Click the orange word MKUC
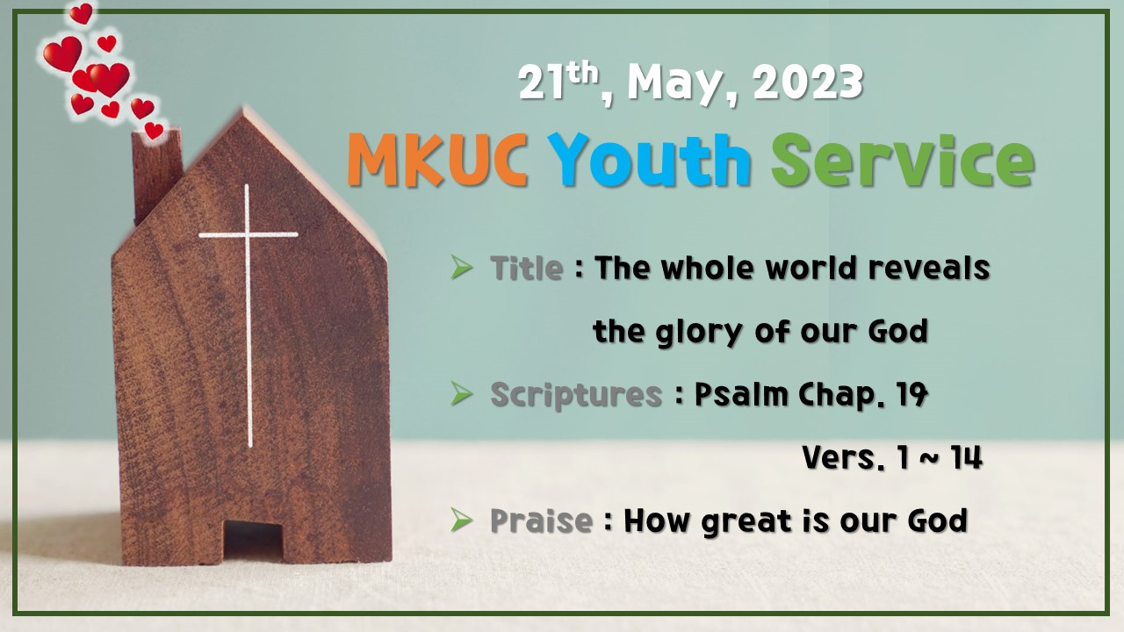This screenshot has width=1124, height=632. pos(437,161)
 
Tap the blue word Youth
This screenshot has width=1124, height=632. pos(650,161)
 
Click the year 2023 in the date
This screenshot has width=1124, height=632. pos(808,83)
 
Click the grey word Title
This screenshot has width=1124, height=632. pos(526,268)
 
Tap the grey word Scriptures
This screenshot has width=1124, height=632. pos(576,395)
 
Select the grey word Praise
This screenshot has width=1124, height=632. pos(541,521)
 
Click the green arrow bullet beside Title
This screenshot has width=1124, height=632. pos(462,268)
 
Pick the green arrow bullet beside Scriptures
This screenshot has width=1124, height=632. pos(462,395)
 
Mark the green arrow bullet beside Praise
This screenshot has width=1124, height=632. pos(462,521)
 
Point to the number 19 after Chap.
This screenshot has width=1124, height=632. pos(912,395)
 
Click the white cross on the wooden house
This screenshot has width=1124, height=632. pos(249,263)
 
